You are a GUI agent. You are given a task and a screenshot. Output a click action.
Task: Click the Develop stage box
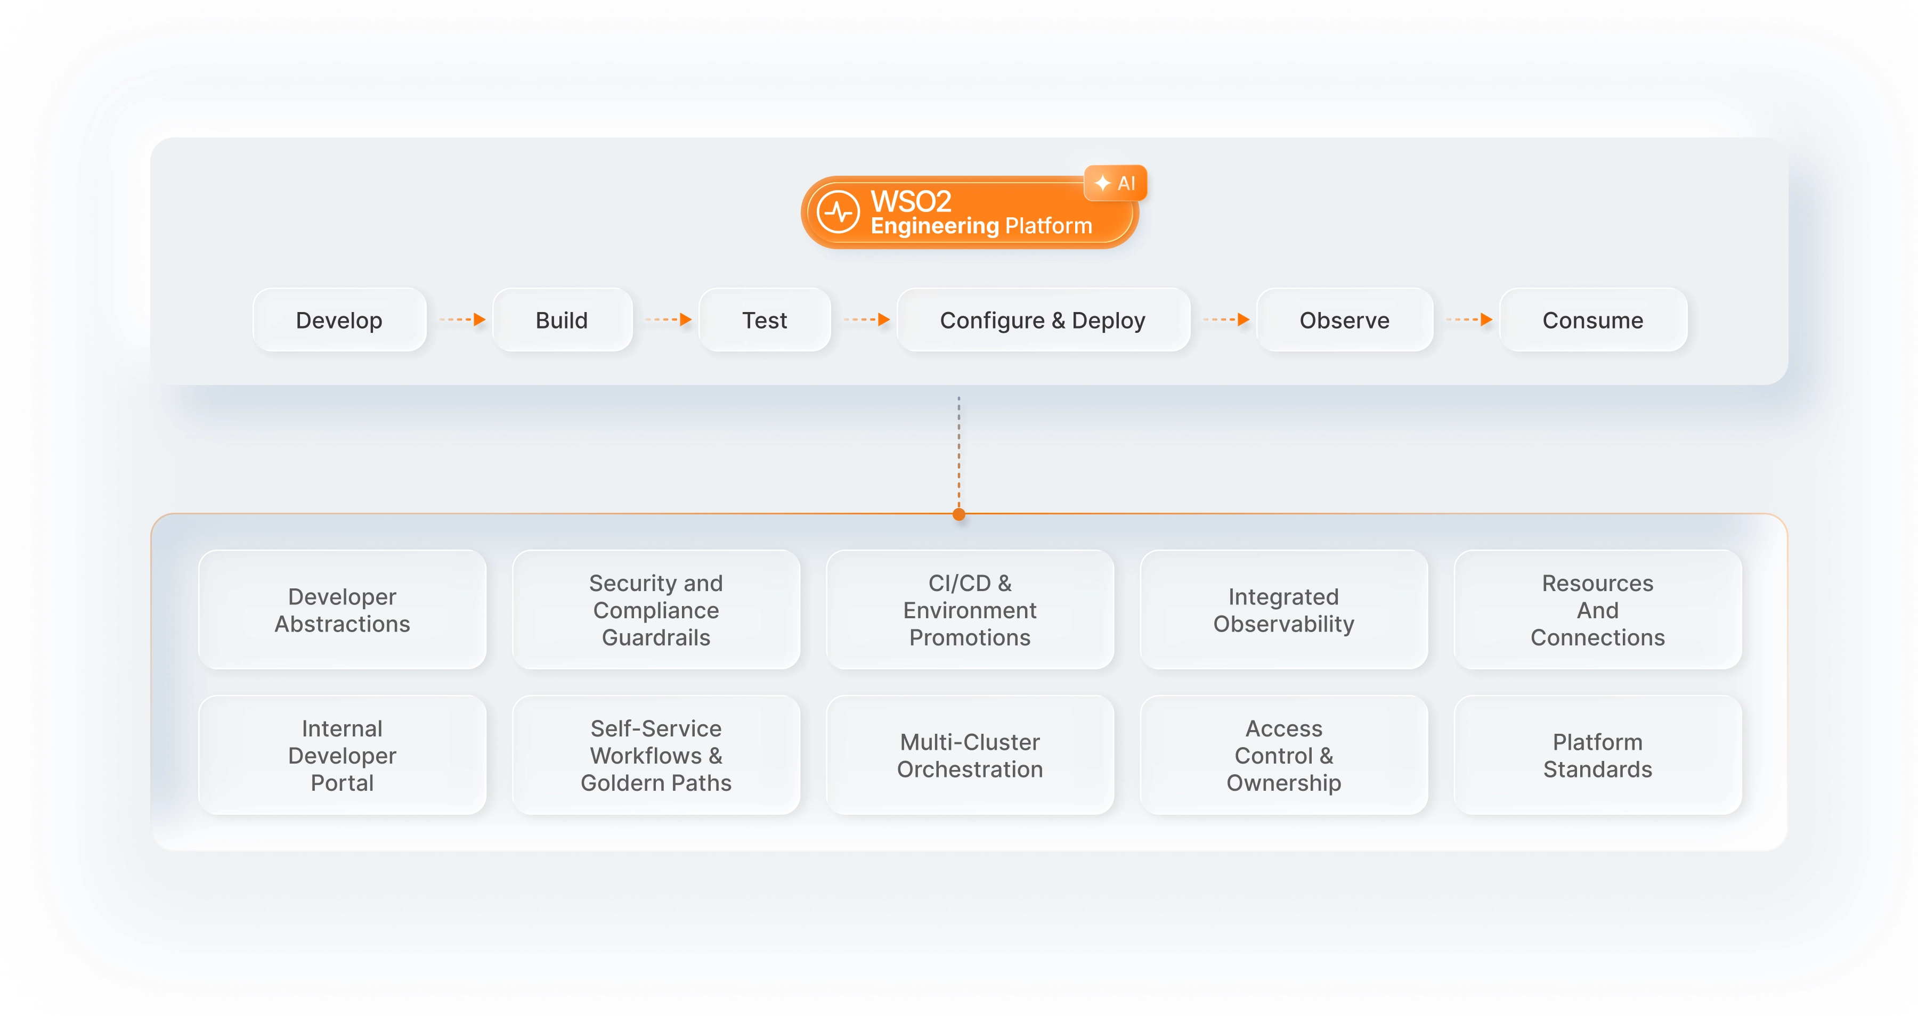click(339, 320)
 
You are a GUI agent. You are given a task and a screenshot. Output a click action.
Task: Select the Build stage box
click(562, 320)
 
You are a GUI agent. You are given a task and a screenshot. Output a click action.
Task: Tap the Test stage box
click(765, 320)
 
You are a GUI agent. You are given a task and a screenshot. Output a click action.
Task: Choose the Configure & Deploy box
click(1043, 320)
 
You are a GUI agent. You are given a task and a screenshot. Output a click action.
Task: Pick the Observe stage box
click(1344, 320)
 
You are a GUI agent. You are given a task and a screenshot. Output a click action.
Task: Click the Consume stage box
click(1592, 320)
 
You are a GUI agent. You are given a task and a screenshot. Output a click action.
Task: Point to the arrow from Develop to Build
click(462, 320)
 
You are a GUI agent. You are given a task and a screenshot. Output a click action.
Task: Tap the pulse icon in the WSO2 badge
click(839, 212)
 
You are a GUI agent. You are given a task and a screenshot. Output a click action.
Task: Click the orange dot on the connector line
click(959, 514)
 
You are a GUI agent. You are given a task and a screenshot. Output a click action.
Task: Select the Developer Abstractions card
click(343, 610)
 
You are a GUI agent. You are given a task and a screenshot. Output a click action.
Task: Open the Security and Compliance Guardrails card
click(656, 610)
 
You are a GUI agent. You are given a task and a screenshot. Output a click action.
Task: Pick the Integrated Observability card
click(1283, 610)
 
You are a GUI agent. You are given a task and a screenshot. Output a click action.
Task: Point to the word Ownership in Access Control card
click(1283, 783)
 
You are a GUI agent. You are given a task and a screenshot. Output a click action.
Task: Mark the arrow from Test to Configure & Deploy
click(867, 320)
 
